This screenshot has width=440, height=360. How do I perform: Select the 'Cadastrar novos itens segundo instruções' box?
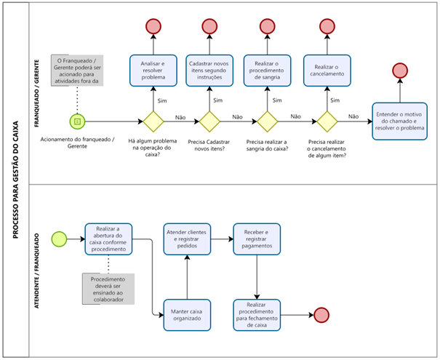(210, 71)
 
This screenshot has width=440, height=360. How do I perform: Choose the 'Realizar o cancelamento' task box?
(324, 71)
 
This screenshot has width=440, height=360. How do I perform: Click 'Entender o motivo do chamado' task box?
(400, 120)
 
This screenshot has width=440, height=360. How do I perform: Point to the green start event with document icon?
(78, 120)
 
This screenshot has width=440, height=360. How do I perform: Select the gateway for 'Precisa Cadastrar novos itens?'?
(210, 120)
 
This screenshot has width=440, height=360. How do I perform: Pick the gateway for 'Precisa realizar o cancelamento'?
(324, 120)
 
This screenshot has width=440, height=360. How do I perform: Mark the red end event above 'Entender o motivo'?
(400, 71)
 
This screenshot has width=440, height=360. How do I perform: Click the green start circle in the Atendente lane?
(59, 239)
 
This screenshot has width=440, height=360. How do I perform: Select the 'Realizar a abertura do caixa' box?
(109, 239)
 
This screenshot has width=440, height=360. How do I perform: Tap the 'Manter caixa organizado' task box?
(187, 313)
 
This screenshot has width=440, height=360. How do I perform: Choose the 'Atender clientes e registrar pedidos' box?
(187, 239)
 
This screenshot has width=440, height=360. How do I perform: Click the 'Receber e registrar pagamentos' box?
(257, 239)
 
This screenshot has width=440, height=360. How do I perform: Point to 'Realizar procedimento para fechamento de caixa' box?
(257, 313)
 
